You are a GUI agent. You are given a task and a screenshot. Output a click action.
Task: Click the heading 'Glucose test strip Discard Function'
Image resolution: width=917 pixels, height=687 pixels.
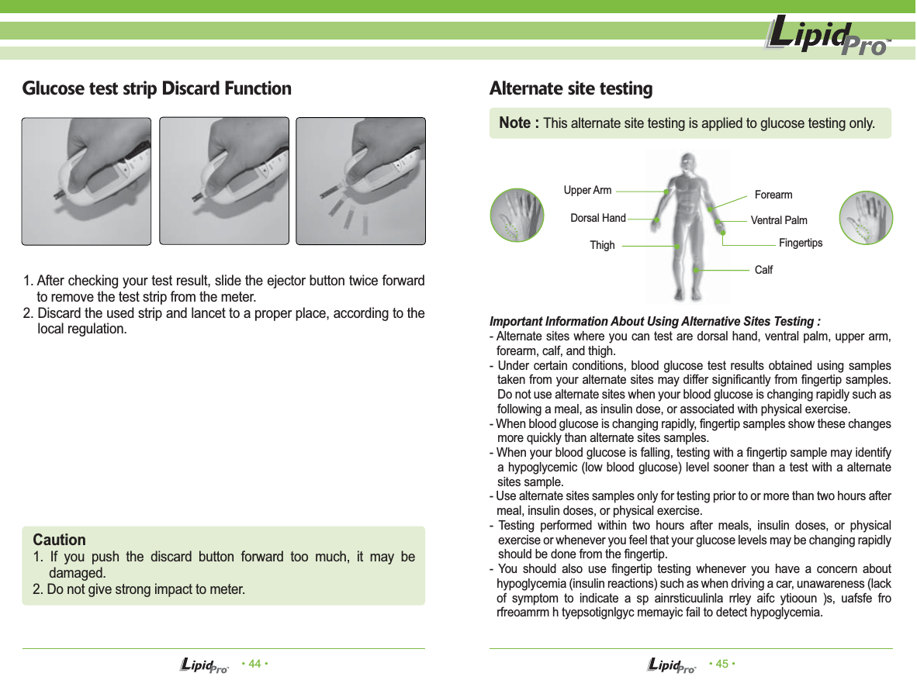157,88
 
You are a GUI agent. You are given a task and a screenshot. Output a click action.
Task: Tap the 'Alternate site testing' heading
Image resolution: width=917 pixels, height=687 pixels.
571,89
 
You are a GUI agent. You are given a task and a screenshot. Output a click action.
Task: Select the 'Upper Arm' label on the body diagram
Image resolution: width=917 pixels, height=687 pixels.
587,190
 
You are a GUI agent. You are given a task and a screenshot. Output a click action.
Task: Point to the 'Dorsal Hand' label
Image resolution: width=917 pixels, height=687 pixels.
597,219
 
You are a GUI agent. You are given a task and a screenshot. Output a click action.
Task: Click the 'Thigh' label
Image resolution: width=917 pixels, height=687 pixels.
602,245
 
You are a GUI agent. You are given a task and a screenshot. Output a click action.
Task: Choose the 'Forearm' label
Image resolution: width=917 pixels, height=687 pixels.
773,195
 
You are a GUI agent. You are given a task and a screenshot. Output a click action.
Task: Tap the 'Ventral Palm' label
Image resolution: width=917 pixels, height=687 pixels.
779,220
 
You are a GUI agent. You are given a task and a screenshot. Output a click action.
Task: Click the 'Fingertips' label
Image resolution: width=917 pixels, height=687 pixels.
800,243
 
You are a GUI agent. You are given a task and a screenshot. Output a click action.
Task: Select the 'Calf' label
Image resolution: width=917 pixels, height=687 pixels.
763,270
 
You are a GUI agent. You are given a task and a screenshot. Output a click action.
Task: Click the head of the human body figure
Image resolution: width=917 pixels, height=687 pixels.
686,164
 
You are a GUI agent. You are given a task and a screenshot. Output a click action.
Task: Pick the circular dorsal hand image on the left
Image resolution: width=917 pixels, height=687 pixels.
516,216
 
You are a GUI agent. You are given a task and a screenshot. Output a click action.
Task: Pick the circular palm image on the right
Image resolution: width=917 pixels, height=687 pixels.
867,217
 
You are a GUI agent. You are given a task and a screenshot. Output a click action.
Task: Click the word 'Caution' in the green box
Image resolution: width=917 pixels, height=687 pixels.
60,540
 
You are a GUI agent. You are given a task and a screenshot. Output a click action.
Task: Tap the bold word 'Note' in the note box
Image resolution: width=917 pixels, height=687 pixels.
519,123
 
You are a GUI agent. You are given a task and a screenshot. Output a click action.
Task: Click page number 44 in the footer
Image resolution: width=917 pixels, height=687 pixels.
254,664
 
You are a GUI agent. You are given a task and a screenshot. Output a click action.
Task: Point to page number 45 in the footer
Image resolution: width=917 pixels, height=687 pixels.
722,664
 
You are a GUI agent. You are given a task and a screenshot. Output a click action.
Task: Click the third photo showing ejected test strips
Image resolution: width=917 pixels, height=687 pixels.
361,181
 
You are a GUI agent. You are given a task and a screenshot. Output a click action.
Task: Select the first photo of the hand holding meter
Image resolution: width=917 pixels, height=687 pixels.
86,181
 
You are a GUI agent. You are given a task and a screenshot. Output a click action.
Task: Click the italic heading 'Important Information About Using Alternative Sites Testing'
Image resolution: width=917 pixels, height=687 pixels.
656,322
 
